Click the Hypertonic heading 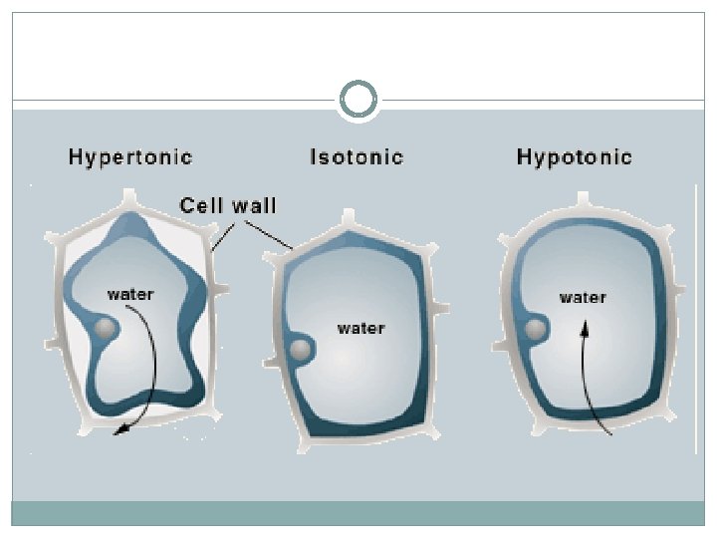click(129, 156)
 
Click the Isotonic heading click(357, 156)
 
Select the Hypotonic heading click(574, 156)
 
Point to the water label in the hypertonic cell click(130, 295)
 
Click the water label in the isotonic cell click(360, 328)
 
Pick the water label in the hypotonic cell click(584, 297)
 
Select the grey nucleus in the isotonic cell click(300, 350)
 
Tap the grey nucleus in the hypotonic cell click(536, 329)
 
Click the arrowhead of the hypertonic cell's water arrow click(119, 429)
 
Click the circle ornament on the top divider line click(358, 100)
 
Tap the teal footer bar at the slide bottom click(358, 512)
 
